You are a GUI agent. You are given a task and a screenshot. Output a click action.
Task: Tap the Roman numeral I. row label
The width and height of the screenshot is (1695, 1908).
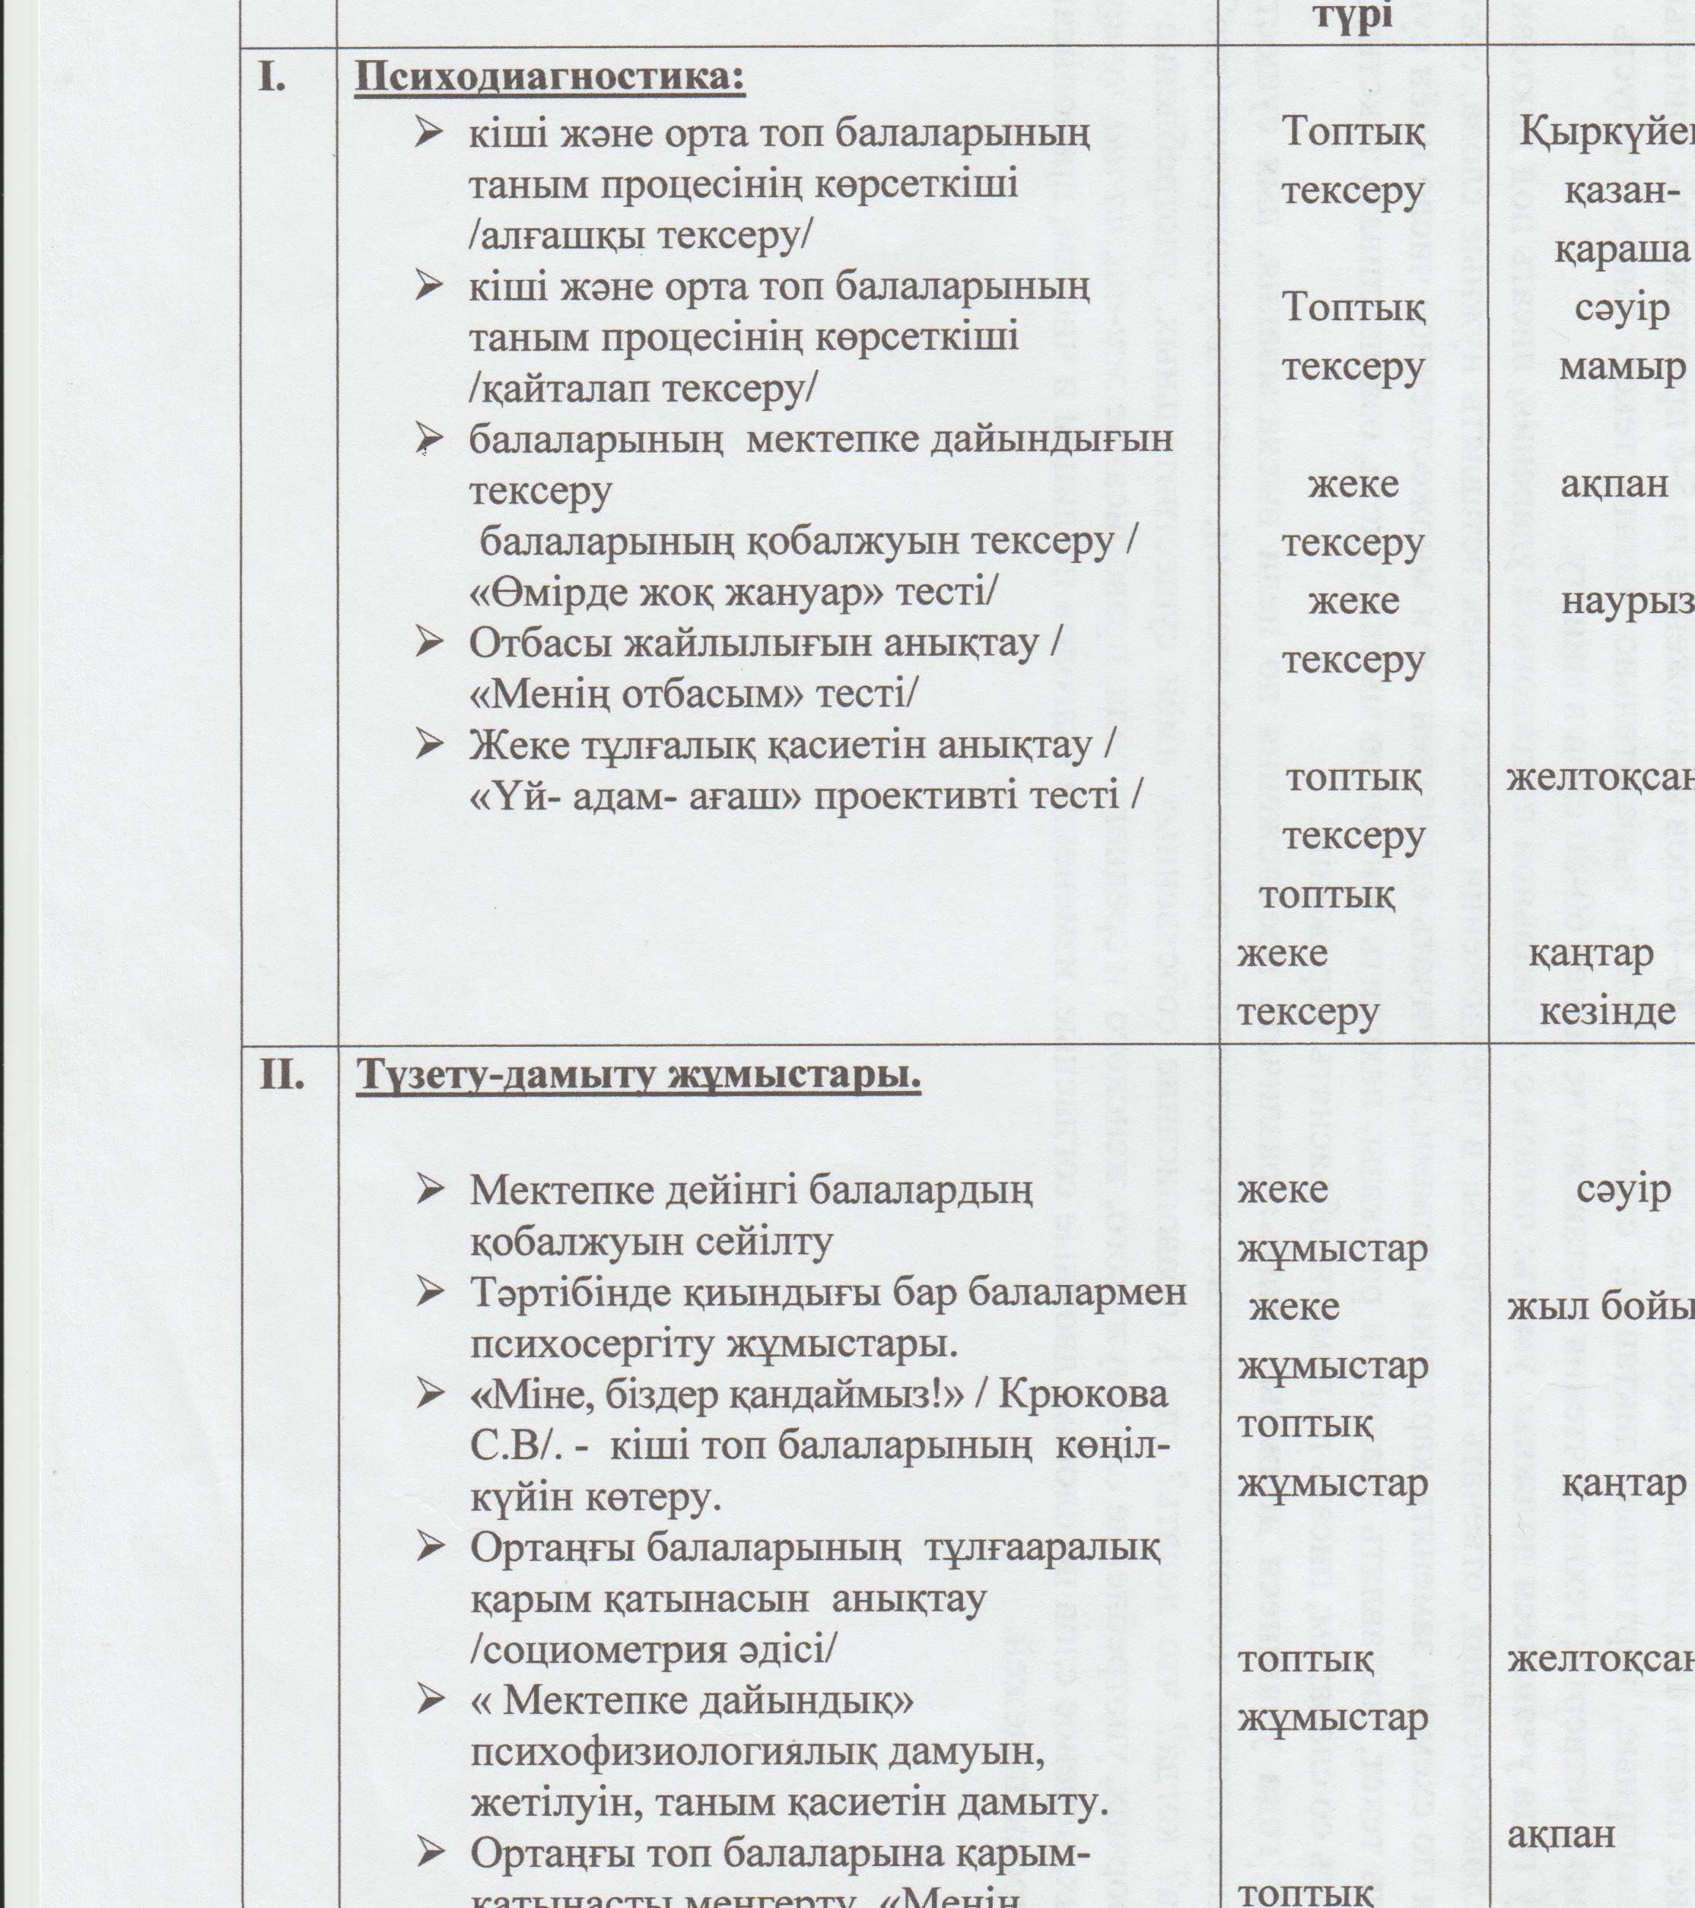tap(271, 79)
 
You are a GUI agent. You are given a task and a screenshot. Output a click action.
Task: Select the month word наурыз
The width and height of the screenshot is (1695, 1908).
tap(1626, 602)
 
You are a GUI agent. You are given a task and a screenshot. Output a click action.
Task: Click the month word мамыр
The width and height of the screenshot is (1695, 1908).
tap(1622, 367)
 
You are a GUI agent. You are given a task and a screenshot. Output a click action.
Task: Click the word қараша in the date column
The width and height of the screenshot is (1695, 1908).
tap(1622, 250)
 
